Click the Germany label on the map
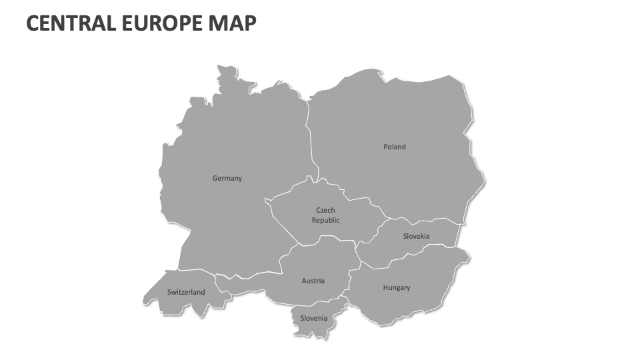point(227,178)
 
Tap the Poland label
point(394,147)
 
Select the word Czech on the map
point(325,210)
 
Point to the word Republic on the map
point(325,220)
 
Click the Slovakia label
point(416,236)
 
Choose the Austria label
point(313,281)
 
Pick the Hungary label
point(397,287)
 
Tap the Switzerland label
point(186,292)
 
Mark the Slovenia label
point(313,318)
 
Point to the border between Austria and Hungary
point(349,280)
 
